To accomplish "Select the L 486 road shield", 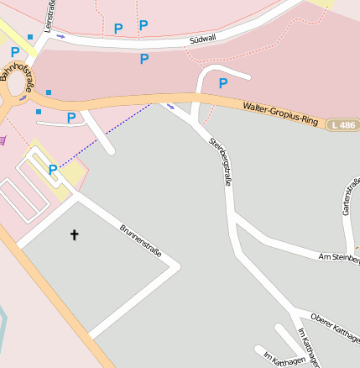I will click(341, 124).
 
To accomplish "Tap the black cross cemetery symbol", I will click(74, 235).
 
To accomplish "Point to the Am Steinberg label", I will click(339, 257).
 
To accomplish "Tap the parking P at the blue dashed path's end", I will click(53, 169).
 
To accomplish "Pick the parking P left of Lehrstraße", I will click(15, 52).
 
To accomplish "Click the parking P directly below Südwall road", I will click(144, 59).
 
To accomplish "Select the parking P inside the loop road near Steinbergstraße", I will click(223, 83).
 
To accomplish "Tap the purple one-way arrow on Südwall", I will click(60, 37).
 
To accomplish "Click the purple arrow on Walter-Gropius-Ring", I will click(172, 106).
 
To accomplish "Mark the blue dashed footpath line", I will click(105, 136).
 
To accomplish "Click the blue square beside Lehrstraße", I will click(31, 37).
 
